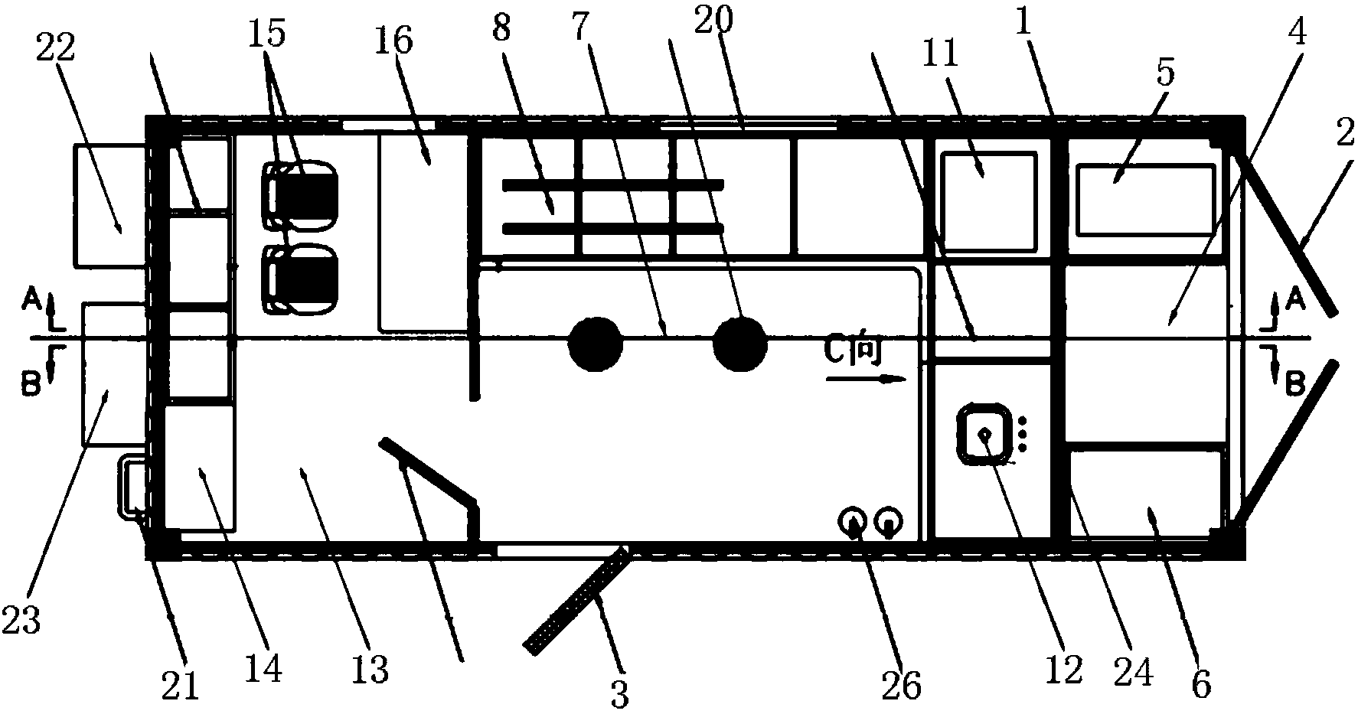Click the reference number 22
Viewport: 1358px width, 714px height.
[x=56, y=49]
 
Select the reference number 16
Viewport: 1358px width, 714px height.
[x=397, y=41]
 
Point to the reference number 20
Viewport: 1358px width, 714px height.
[x=713, y=21]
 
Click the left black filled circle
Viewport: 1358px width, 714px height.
[x=595, y=345]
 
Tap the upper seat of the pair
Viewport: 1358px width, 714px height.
[x=301, y=194]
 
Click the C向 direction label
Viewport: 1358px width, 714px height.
[x=854, y=352]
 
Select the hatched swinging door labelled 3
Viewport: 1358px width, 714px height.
[x=576, y=599]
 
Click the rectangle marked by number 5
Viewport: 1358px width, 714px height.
[x=1144, y=201]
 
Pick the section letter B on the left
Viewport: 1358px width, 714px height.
[x=31, y=385]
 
